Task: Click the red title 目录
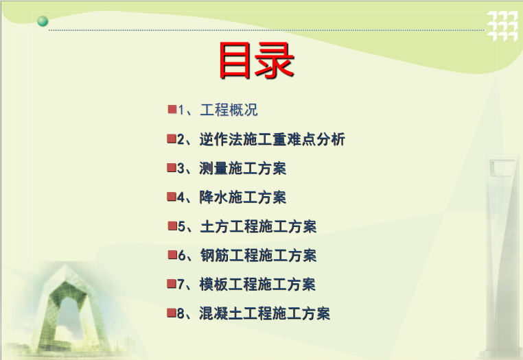click(256, 60)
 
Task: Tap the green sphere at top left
click(43, 21)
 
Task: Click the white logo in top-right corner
click(502, 26)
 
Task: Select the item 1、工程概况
click(218, 110)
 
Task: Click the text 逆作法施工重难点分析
click(272, 139)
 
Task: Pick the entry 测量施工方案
click(242, 168)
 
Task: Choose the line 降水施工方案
click(242, 197)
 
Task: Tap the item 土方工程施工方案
click(258, 226)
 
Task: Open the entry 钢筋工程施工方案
click(258, 255)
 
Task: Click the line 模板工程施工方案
click(257, 285)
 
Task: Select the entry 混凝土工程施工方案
click(264, 313)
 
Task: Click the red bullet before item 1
click(172, 109)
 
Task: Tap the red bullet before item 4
click(172, 197)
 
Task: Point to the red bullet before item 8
click(172, 313)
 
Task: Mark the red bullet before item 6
click(172, 255)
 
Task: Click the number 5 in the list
click(181, 227)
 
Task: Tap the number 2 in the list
click(181, 139)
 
